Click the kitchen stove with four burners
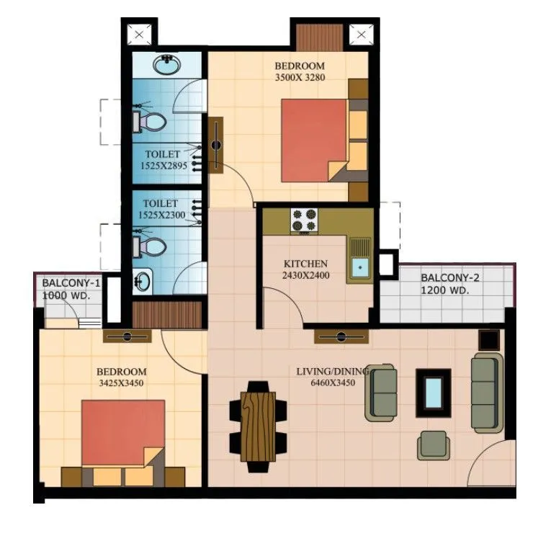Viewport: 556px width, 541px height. pos(303,220)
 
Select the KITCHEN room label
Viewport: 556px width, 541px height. pos(305,264)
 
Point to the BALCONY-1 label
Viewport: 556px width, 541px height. pos(71,284)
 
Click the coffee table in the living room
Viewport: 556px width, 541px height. pos(434,392)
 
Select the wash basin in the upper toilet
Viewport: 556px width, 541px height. pos(167,63)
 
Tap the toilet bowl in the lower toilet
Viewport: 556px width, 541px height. pos(149,246)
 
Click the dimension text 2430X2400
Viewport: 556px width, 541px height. pos(305,274)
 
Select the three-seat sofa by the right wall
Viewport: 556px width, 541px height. pos(485,393)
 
